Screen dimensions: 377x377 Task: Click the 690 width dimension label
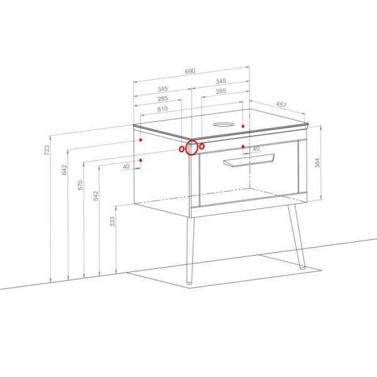(190, 71)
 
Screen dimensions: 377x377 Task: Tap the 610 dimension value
(163, 109)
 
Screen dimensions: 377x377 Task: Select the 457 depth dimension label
(281, 104)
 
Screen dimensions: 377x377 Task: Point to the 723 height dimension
(47, 150)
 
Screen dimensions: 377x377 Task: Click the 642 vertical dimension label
(65, 170)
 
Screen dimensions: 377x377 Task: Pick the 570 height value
(80, 185)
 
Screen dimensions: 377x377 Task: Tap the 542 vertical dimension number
(96, 195)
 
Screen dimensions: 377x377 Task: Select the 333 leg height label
(112, 221)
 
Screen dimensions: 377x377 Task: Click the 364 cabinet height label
(317, 163)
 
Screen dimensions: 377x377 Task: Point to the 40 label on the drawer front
(256, 149)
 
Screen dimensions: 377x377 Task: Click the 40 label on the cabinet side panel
(126, 166)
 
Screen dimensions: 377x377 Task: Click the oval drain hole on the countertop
(224, 124)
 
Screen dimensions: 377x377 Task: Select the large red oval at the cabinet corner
(192, 148)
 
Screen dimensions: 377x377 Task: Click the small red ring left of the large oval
(182, 149)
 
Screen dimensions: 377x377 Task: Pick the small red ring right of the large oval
(202, 146)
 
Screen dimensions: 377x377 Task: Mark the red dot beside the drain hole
(243, 126)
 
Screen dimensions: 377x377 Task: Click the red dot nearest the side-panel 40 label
(141, 160)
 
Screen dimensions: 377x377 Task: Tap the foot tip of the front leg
(189, 283)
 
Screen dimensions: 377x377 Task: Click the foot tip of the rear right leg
(302, 268)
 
